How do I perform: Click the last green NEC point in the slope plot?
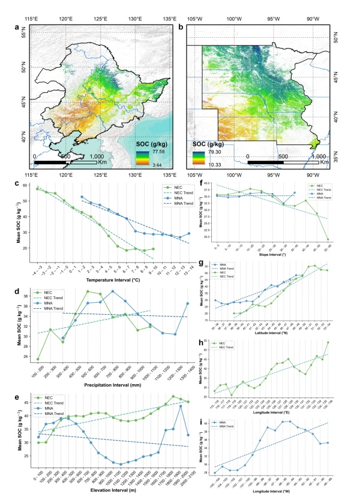tap(328, 239)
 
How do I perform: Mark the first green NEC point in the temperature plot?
tap(37, 189)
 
